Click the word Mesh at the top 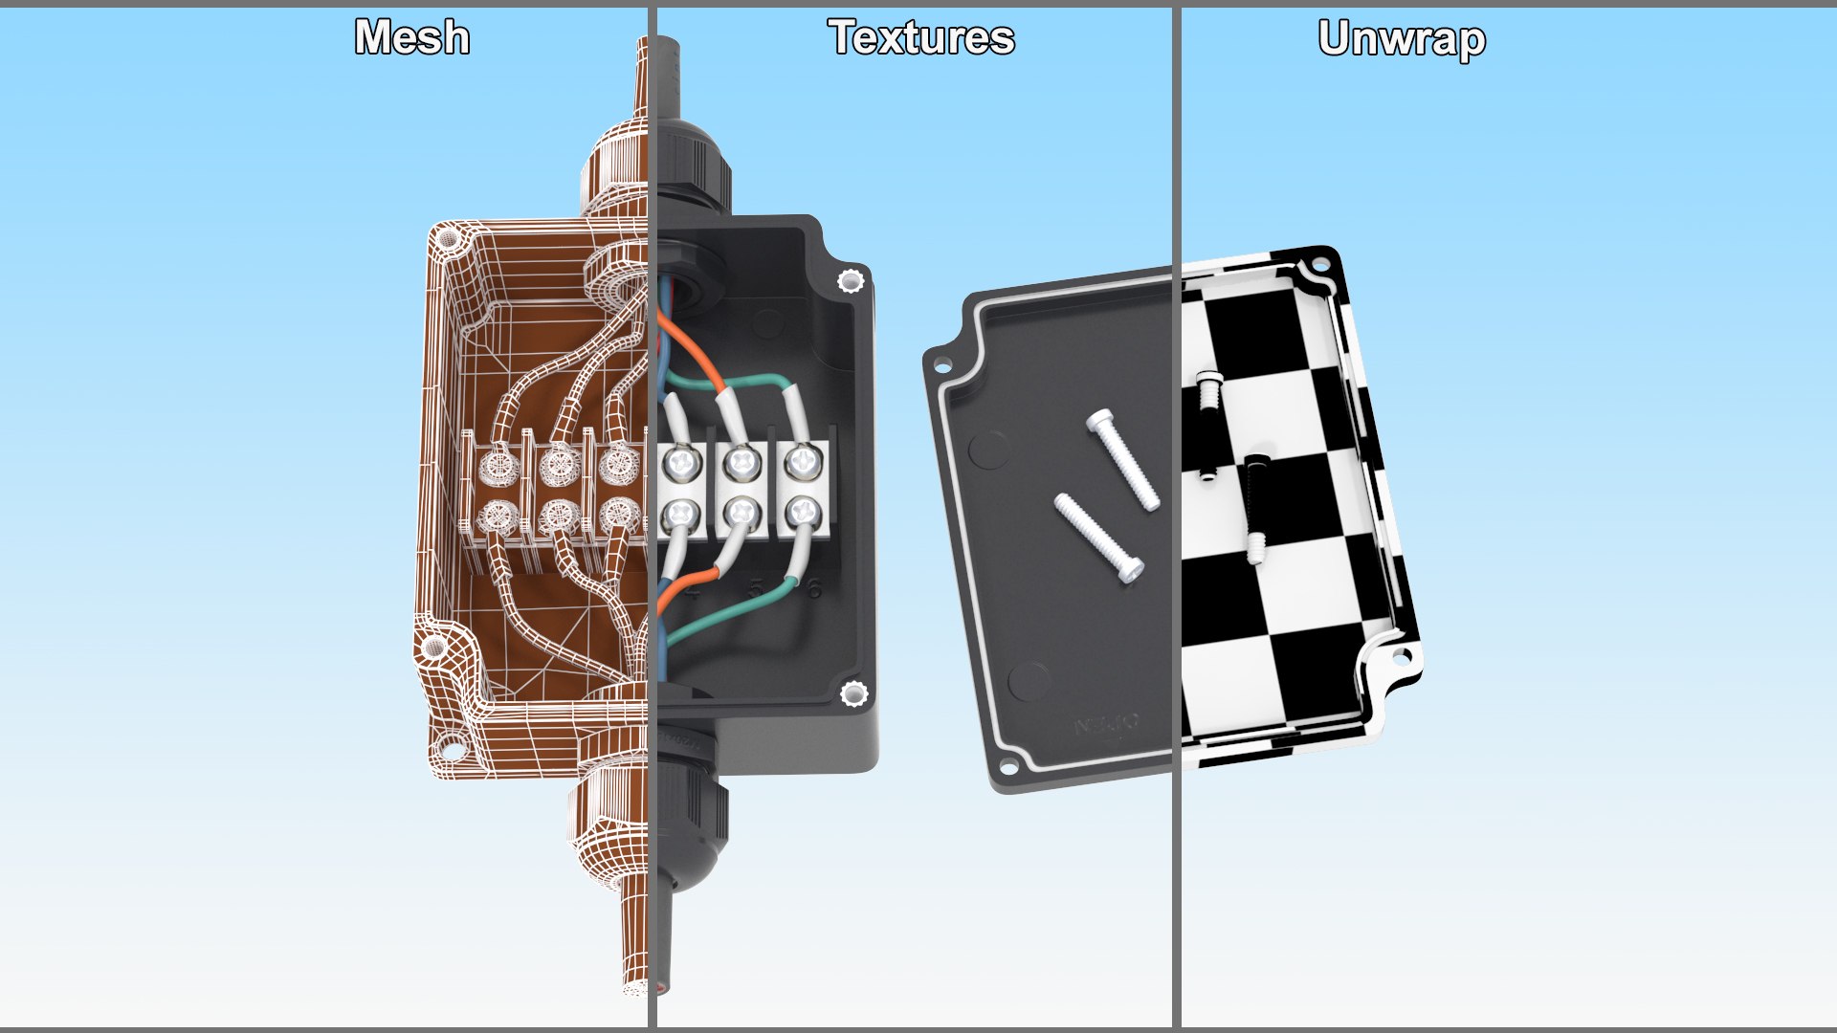click(412, 38)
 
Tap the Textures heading click(920, 38)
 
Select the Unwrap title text click(1402, 39)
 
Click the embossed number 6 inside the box click(814, 588)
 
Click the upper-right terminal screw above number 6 click(802, 463)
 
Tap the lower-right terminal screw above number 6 click(802, 514)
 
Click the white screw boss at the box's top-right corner click(850, 281)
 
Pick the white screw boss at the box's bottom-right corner click(852, 693)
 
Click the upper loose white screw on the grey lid click(1123, 459)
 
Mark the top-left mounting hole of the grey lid click(941, 365)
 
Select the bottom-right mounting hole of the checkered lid click(1402, 656)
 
